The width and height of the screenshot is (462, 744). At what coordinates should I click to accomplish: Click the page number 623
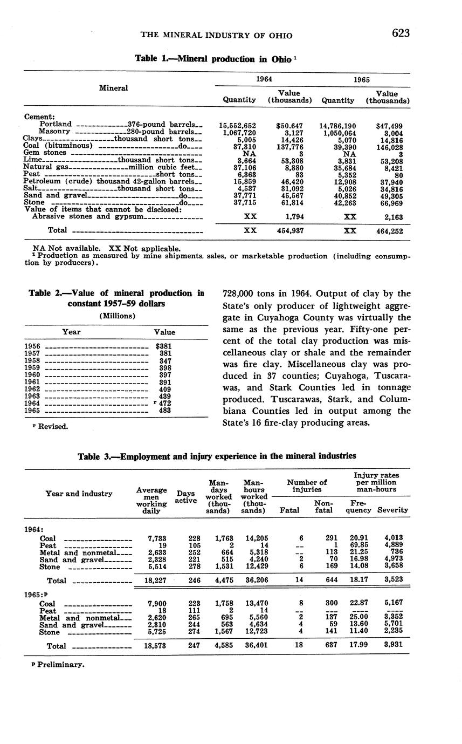tap(401, 33)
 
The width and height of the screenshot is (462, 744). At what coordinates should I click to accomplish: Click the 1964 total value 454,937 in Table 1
tap(290, 230)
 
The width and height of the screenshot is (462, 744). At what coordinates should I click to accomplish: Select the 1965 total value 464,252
tap(389, 230)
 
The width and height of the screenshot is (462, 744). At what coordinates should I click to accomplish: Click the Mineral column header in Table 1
tap(114, 88)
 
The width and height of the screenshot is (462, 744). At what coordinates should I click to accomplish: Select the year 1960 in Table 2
tap(33, 374)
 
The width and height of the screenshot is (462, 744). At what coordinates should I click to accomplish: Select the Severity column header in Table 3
tap(392, 509)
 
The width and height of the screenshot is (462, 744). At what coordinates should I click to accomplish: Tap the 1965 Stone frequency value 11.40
tap(361, 632)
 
